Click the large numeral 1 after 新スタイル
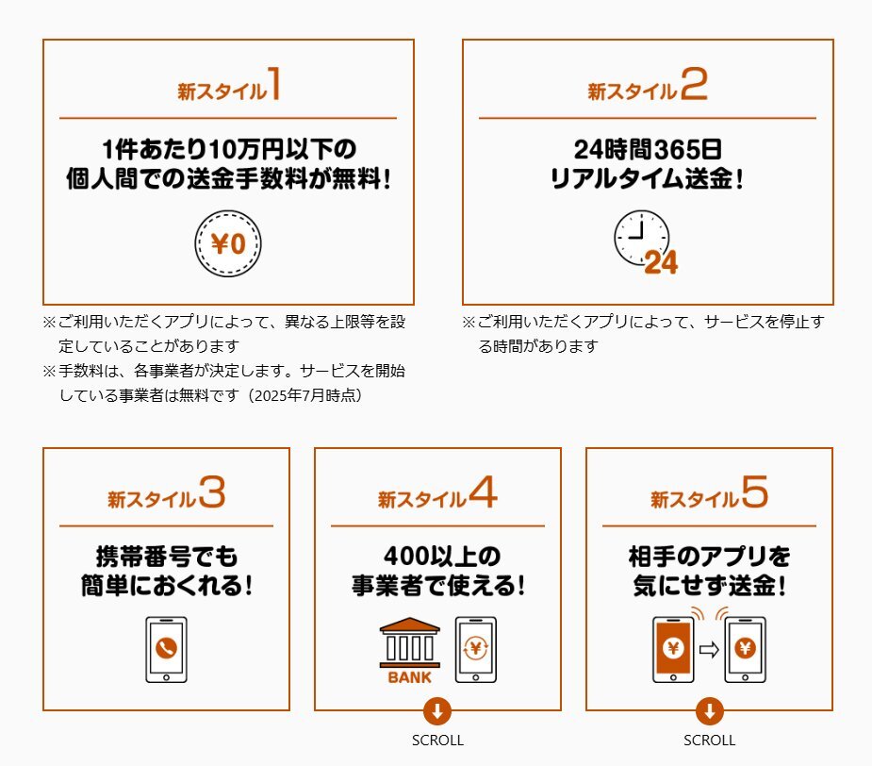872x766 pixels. click(274, 84)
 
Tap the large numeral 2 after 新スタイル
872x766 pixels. click(694, 84)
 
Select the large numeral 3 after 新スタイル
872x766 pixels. click(212, 491)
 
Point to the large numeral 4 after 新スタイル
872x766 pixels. click(484, 491)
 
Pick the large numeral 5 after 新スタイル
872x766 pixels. click(755, 491)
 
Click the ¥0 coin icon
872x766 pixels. click(228, 243)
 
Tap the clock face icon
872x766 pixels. click(641, 238)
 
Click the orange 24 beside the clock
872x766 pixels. click(661, 263)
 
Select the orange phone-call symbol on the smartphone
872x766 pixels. click(166, 647)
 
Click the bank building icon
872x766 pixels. click(410, 642)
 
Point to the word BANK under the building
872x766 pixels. click(410, 677)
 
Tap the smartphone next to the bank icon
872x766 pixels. click(476, 650)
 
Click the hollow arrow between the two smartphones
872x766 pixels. click(709, 650)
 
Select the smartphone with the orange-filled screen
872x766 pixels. click(673, 650)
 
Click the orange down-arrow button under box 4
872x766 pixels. click(437, 711)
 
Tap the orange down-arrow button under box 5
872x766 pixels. click(709, 711)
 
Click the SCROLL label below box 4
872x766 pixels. click(437, 741)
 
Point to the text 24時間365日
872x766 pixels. click(648, 149)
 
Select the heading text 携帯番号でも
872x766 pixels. click(167, 557)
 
